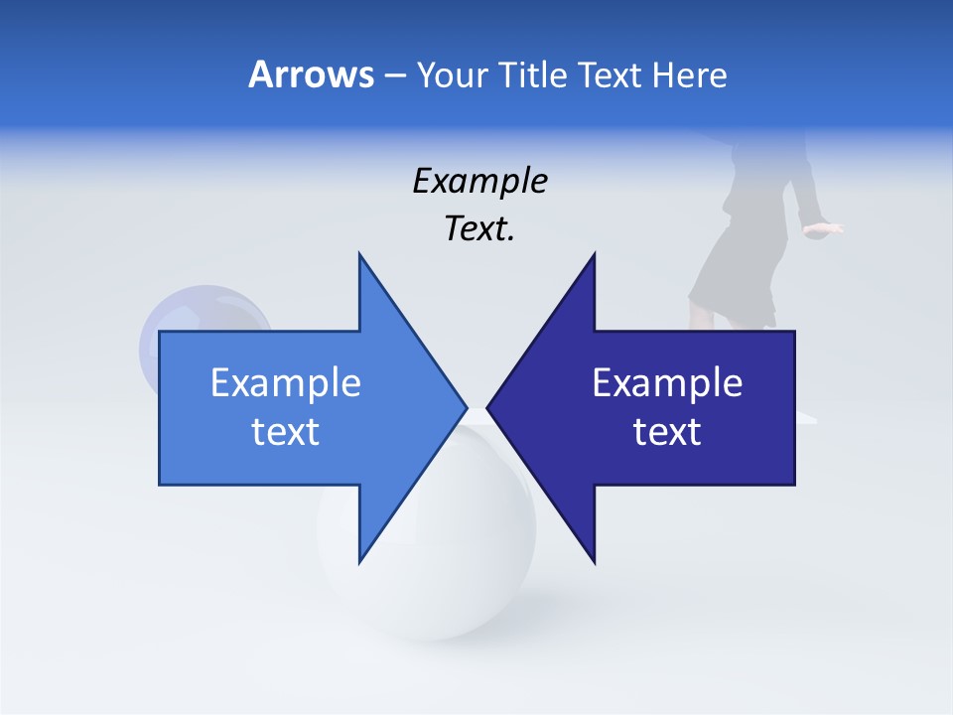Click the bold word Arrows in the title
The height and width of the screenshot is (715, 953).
(310, 74)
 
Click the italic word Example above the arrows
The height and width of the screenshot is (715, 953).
(480, 182)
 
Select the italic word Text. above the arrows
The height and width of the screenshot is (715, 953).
(480, 229)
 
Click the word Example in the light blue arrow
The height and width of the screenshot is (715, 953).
(286, 383)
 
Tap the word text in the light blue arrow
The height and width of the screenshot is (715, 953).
(286, 432)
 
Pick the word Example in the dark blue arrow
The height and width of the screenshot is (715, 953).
(667, 383)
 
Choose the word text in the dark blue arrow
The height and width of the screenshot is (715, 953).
(667, 432)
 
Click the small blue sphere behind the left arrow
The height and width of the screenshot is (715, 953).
(199, 313)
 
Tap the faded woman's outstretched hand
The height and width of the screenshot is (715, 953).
(824, 228)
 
